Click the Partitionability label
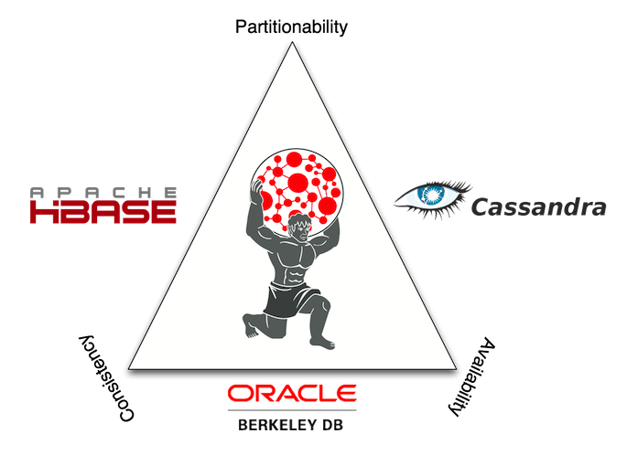[291, 26]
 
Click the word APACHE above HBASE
[102, 192]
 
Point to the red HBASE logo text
[102, 212]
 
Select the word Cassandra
[537, 207]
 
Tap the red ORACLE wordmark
[291, 393]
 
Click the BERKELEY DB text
[291, 425]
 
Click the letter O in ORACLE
[241, 393]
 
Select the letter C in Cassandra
[480, 207]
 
